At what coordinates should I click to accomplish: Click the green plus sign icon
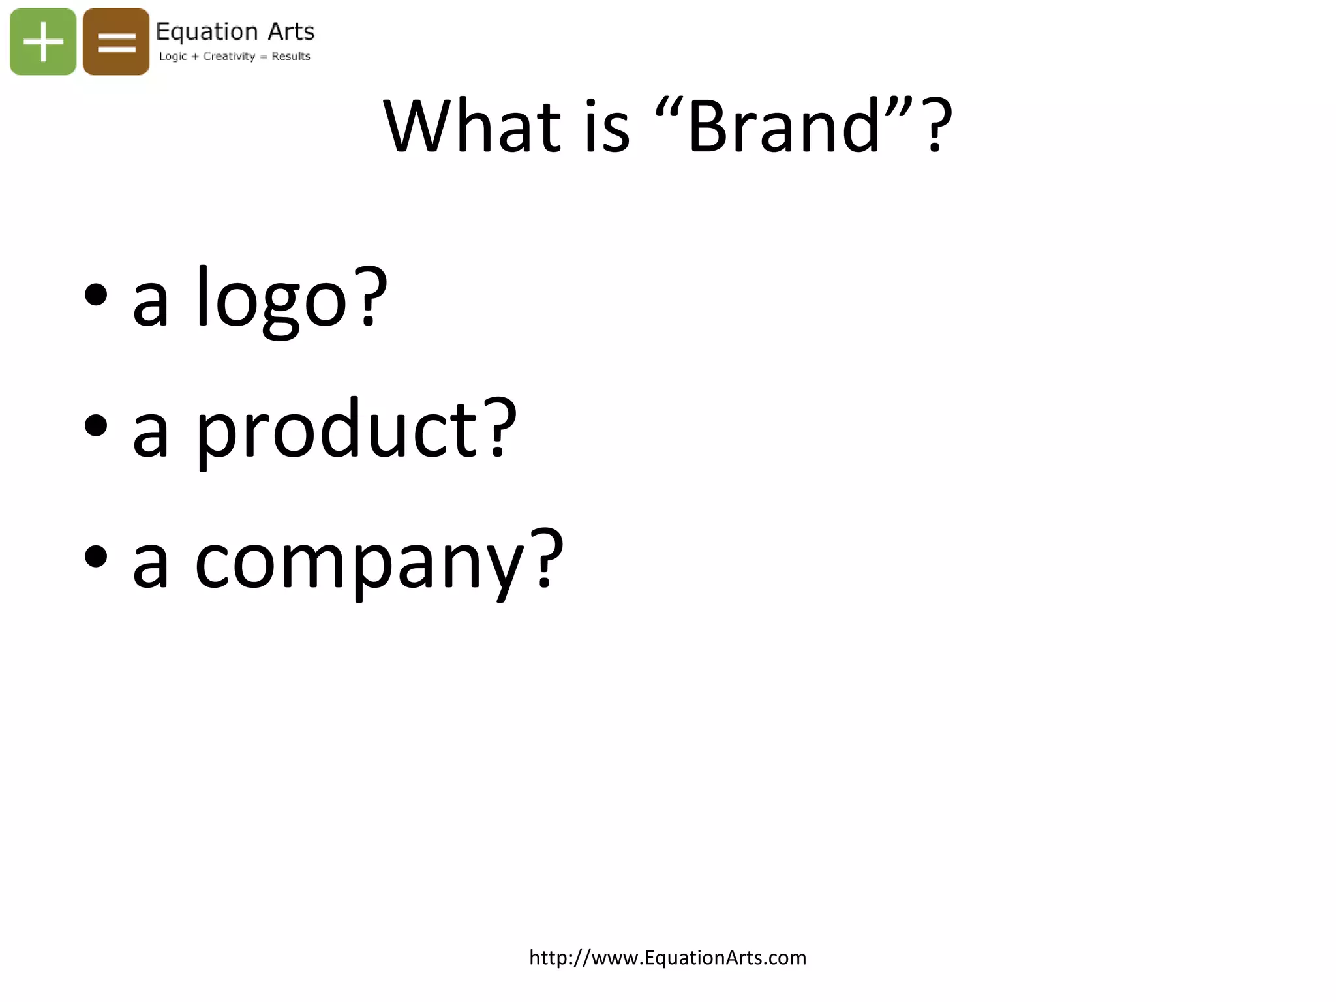(x=43, y=42)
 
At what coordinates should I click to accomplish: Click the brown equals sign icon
(x=116, y=42)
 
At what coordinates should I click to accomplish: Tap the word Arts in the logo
(x=291, y=31)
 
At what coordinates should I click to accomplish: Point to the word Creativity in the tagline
(x=229, y=56)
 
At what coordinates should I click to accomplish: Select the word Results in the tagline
(x=291, y=56)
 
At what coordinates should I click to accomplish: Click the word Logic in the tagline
(x=173, y=57)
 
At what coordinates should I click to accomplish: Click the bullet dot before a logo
(x=96, y=296)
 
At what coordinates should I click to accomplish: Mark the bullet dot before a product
(x=96, y=426)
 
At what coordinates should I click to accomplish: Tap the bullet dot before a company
(x=96, y=557)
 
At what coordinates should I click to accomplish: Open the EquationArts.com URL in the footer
(x=667, y=958)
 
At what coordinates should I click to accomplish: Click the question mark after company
(x=547, y=557)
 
